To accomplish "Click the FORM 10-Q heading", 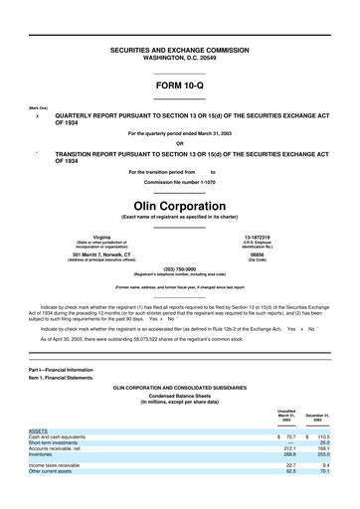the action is click(179, 87).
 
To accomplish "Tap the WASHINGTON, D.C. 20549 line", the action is click(179, 56).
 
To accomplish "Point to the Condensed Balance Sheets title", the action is click(180, 396).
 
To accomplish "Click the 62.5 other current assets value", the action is click(290, 471).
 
